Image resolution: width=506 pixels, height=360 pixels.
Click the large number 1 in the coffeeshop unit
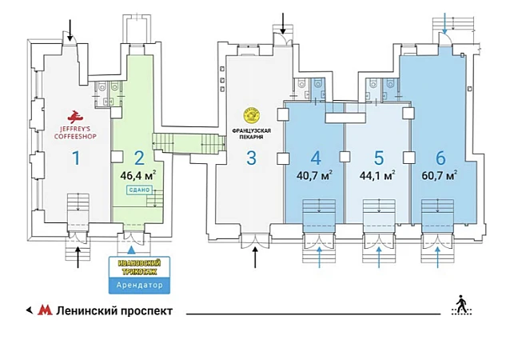(77, 158)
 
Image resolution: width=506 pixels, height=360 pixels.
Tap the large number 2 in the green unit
(138, 158)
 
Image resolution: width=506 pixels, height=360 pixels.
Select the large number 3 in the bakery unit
(251, 158)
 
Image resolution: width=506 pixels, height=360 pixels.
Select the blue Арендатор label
(133, 285)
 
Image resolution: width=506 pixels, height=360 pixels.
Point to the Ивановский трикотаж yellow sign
(133, 267)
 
